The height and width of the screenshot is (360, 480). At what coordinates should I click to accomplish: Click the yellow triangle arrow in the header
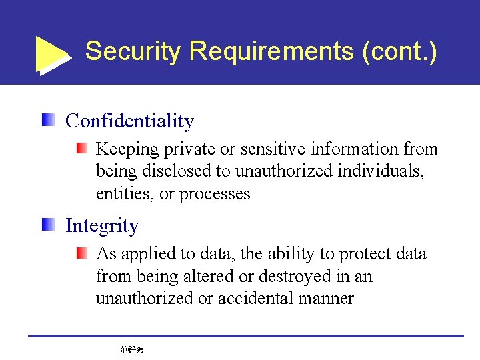[x=52, y=53]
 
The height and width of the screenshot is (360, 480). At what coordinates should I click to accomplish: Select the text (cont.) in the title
[x=399, y=51]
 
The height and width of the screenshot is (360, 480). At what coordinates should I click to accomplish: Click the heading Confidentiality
[x=129, y=121]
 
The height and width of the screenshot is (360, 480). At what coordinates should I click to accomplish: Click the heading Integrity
[x=102, y=226]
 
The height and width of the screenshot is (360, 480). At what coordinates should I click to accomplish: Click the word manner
[x=325, y=298]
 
